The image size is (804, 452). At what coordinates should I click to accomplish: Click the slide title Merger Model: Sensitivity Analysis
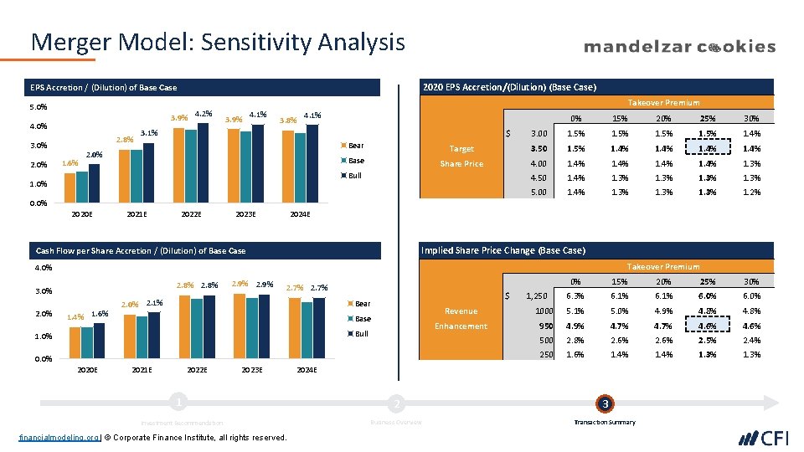218,42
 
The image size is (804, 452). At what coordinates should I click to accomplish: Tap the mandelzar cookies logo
679,47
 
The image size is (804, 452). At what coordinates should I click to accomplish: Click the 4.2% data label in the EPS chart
203,113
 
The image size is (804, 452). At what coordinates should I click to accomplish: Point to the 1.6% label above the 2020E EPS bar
71,163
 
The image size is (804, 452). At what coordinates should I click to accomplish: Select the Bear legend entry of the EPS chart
355,146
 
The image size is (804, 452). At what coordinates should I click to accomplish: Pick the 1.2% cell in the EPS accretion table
751,193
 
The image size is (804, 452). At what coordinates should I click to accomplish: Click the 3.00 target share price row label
539,134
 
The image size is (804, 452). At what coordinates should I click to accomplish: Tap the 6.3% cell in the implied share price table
575,296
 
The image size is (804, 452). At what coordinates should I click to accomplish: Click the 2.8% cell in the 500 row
575,341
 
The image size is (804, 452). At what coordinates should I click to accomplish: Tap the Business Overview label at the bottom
396,422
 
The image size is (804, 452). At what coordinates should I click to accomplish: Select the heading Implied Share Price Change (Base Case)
503,250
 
